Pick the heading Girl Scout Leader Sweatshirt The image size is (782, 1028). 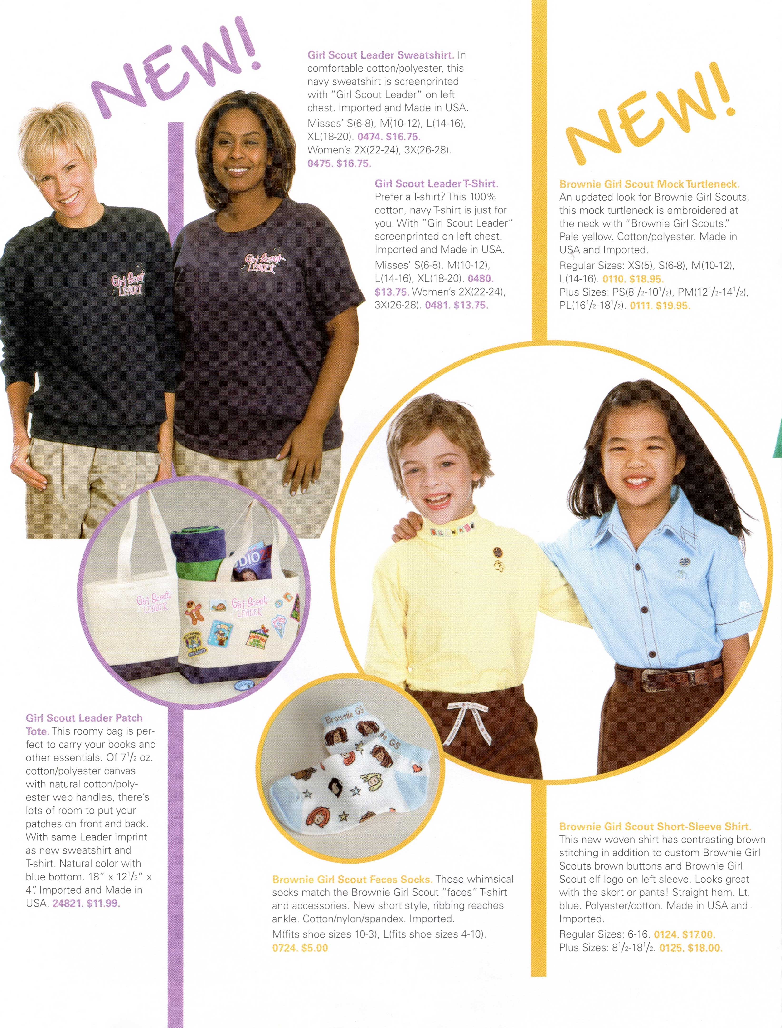click(380, 55)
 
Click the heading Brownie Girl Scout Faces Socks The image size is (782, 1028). click(352, 880)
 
